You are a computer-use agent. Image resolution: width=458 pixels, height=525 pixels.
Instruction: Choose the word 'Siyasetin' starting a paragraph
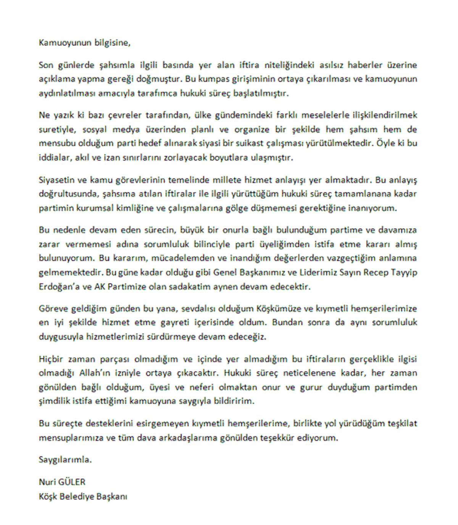(56, 179)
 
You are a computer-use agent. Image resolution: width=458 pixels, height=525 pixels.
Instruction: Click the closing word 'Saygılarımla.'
(65, 459)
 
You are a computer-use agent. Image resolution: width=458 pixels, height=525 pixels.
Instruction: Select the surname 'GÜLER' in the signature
(72, 482)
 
